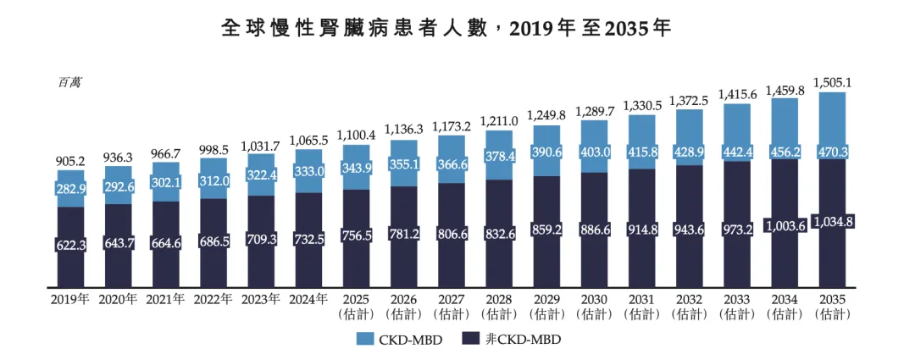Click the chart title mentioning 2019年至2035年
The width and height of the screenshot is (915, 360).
point(446,28)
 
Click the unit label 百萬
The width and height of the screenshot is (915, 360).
point(70,82)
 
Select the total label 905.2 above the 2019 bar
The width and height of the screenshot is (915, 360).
point(70,160)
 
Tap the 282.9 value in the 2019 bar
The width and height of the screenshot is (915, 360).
point(70,188)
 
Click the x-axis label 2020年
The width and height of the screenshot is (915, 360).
point(118,299)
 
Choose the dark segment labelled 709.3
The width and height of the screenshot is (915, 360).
point(261,240)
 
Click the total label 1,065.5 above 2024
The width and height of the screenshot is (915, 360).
point(308,140)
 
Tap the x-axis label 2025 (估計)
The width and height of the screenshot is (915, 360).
point(356,306)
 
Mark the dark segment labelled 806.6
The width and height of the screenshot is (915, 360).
point(452,232)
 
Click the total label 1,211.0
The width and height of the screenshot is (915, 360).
point(499,121)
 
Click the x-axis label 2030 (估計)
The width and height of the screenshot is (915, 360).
point(595,306)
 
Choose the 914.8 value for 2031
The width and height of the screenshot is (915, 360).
point(642,229)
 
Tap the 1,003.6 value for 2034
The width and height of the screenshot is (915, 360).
point(785,226)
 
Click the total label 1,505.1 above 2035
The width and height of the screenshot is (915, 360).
point(832,82)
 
